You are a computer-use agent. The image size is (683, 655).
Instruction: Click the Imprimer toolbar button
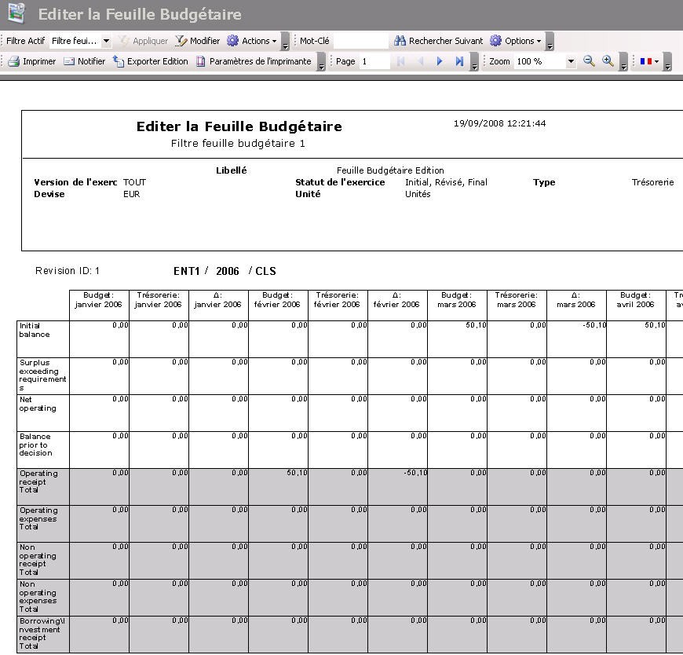point(32,61)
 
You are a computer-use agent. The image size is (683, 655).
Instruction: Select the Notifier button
point(84,61)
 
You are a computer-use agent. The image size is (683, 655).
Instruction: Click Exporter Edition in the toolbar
point(151,61)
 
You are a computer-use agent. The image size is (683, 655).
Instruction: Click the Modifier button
point(198,41)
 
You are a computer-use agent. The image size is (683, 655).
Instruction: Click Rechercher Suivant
point(439,41)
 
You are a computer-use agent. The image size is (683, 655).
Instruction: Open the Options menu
point(516,41)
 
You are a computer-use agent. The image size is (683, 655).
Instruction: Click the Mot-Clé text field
point(360,41)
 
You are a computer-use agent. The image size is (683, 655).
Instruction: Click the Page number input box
point(374,61)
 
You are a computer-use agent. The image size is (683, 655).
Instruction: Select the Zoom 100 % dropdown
point(545,61)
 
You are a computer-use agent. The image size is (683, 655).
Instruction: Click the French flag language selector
point(648,61)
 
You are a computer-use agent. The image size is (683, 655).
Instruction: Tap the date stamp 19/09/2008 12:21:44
point(499,123)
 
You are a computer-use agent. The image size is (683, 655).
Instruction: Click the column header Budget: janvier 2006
point(99,300)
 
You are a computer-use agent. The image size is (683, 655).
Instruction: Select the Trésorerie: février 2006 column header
point(338,300)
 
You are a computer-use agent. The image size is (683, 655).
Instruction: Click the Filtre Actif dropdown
point(81,41)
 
